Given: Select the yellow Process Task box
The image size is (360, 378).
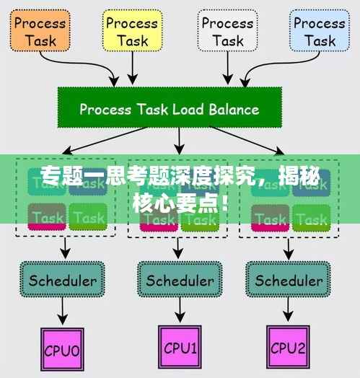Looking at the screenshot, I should [133, 32].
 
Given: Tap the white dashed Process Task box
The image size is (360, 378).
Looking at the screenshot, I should [227, 32].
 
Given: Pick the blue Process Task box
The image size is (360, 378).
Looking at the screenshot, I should [319, 32].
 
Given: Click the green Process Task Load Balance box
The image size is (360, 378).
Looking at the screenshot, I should [169, 110].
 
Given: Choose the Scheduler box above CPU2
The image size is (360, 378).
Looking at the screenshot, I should [289, 280].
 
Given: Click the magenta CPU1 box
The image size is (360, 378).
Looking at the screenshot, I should [180, 349].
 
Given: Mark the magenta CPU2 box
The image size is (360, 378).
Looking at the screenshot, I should [289, 349].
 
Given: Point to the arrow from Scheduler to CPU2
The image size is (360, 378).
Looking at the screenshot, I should [289, 312].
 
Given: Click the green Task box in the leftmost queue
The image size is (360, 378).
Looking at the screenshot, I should [89, 216].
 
